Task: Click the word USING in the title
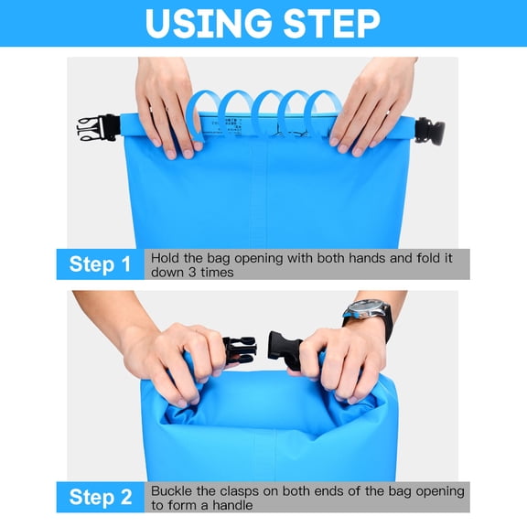(204, 24)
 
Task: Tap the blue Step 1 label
(101, 265)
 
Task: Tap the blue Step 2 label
(101, 498)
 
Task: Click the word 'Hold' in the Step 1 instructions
(166, 258)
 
